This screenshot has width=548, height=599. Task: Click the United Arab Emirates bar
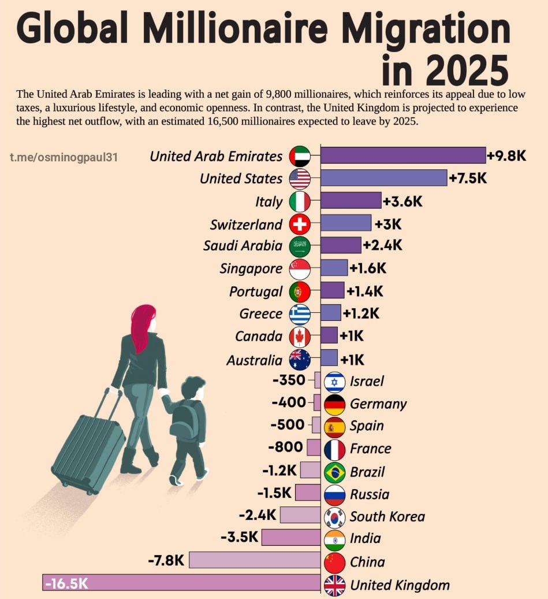tap(403, 156)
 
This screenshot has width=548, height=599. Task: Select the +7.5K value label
tap(468, 178)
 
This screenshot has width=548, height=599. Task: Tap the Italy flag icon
tap(300, 201)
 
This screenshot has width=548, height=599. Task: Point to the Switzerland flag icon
tap(300, 224)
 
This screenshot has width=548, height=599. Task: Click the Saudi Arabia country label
tap(243, 246)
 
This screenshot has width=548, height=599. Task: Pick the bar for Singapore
tap(334, 268)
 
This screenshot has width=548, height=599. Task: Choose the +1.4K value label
tap(364, 291)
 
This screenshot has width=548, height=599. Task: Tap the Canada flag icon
tap(300, 337)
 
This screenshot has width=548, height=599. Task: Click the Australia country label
tap(255, 360)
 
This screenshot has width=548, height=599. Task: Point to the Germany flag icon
tap(335, 404)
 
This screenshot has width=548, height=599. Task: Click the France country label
tap(370, 448)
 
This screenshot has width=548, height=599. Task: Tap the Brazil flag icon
tap(335, 472)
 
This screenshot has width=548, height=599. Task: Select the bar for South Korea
tap(300, 515)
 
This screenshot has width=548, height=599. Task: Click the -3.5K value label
tap(239, 537)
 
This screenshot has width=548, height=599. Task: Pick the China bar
tap(254, 560)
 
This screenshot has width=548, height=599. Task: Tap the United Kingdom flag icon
tap(335, 585)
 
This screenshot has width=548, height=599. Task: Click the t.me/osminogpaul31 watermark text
tap(64, 157)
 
